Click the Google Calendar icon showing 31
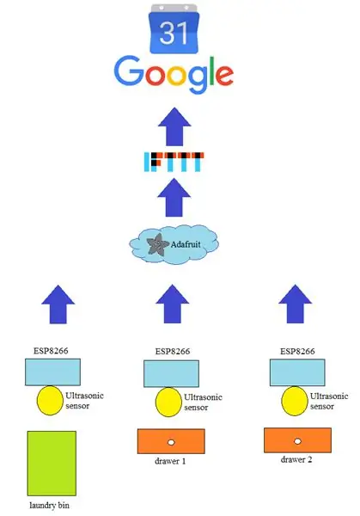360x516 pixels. pyautogui.click(x=174, y=28)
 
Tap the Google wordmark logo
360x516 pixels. pyautogui.click(x=174, y=75)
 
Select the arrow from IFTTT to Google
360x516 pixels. pyautogui.click(x=174, y=126)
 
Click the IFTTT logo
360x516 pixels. pyautogui.click(x=174, y=162)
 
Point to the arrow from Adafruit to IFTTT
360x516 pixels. pyautogui.click(x=174, y=198)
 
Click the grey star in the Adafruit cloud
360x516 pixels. pyautogui.click(x=157, y=244)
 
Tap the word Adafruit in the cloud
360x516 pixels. pyautogui.click(x=186, y=244)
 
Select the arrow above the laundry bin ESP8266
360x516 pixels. pyautogui.click(x=58, y=304)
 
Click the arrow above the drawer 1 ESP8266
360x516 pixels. pyautogui.click(x=173, y=304)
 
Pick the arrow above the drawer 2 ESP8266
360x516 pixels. pyautogui.click(x=296, y=304)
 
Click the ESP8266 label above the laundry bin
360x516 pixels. pyautogui.click(x=51, y=351)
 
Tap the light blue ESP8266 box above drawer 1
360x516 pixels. pyautogui.click(x=171, y=373)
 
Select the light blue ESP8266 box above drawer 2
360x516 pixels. pyautogui.click(x=297, y=372)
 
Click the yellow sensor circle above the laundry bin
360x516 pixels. pyautogui.click(x=50, y=400)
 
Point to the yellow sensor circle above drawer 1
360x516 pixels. pyautogui.click(x=168, y=402)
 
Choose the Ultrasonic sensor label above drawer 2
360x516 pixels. pyautogui.click(x=329, y=401)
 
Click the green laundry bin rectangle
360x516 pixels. pyautogui.click(x=52, y=464)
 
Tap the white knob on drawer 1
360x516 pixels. pyautogui.click(x=171, y=442)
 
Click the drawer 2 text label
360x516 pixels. pyautogui.click(x=296, y=459)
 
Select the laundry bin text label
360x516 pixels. pyautogui.click(x=49, y=505)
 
